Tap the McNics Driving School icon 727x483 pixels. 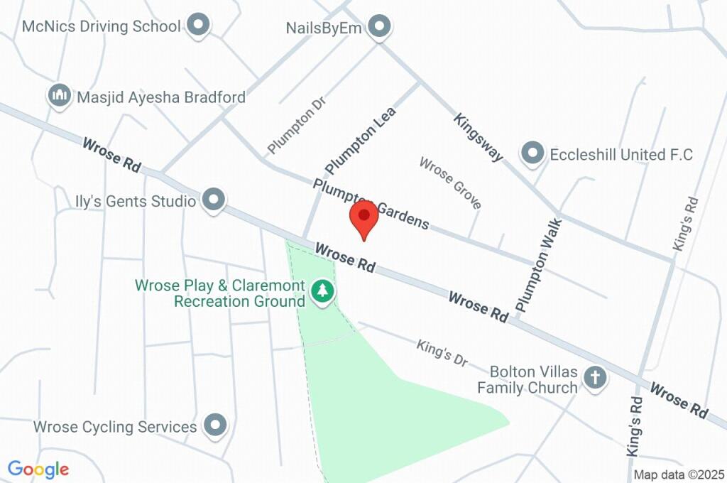(x=198, y=26)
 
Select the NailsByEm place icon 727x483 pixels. (x=381, y=27)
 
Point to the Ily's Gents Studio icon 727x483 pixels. (x=214, y=200)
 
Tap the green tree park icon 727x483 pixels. (x=323, y=291)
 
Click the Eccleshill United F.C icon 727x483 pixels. (x=532, y=153)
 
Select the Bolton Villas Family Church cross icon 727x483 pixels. (x=595, y=377)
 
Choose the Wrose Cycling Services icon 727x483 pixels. (x=214, y=425)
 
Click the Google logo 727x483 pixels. (x=38, y=470)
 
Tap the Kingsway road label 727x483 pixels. (x=479, y=137)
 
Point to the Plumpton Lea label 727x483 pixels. (x=360, y=141)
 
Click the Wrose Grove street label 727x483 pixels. (x=451, y=183)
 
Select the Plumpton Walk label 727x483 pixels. (x=540, y=265)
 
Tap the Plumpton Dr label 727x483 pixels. (x=296, y=126)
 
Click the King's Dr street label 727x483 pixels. (x=442, y=353)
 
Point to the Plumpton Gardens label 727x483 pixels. (x=371, y=205)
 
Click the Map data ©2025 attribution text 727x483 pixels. (x=679, y=474)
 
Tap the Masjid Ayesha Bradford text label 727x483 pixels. (x=161, y=97)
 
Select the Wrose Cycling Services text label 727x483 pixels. (x=115, y=427)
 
